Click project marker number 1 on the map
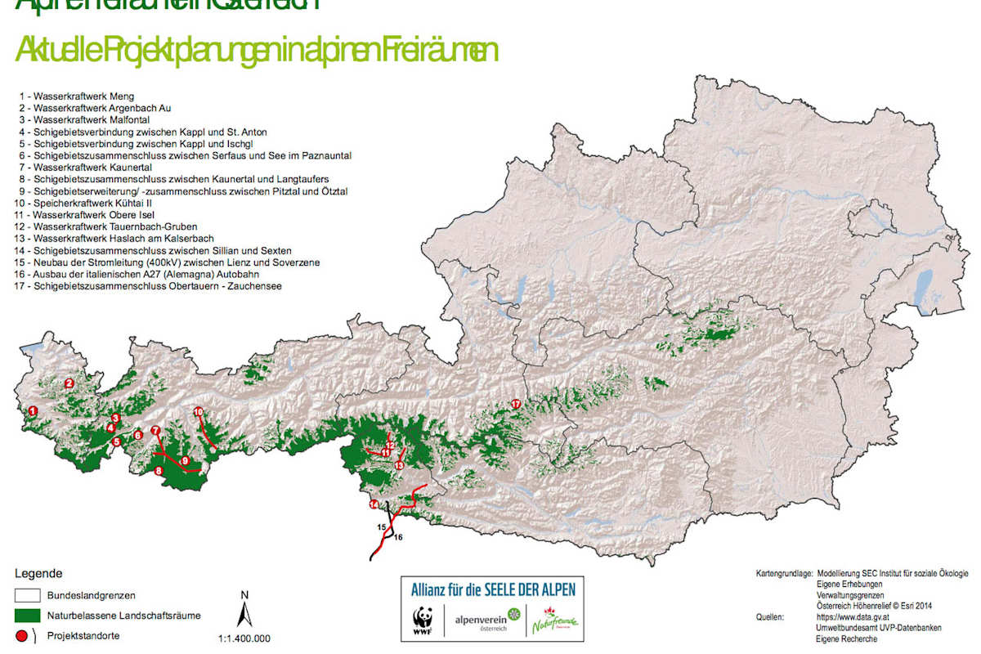click(x=33, y=410)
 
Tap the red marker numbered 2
click(x=69, y=383)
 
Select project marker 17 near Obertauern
click(x=515, y=404)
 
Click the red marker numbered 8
click(x=159, y=470)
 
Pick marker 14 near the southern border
click(x=374, y=504)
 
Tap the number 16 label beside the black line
click(x=398, y=537)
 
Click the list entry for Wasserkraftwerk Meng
click(x=77, y=96)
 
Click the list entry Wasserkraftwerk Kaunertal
click(x=83, y=167)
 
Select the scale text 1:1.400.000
click(x=244, y=639)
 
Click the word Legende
click(x=38, y=574)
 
